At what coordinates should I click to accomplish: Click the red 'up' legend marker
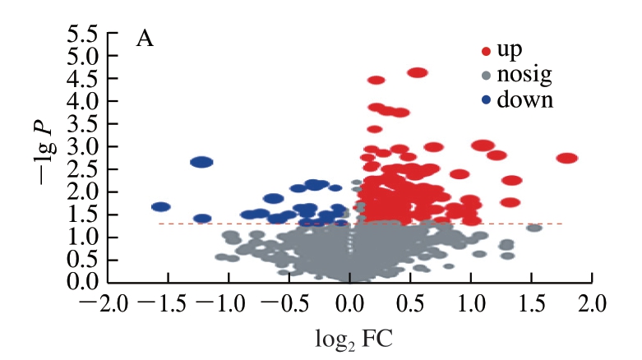pyautogui.click(x=486, y=51)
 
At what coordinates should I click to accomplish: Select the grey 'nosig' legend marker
pyautogui.click(x=486, y=76)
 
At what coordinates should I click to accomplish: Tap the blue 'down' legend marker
pyautogui.click(x=486, y=101)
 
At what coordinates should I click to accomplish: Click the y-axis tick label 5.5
pyautogui.click(x=84, y=34)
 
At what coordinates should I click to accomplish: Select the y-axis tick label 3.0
pyautogui.click(x=84, y=146)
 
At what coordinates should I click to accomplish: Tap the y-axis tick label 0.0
pyautogui.click(x=84, y=282)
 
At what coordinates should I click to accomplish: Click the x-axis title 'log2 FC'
pyautogui.click(x=351, y=339)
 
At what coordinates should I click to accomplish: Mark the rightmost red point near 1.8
pyautogui.click(x=567, y=158)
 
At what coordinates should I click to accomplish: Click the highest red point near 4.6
pyautogui.click(x=418, y=72)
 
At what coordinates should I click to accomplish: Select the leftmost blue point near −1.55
pyautogui.click(x=161, y=207)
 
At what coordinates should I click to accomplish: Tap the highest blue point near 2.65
pyautogui.click(x=202, y=163)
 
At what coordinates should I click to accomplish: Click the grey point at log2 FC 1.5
pyautogui.click(x=534, y=228)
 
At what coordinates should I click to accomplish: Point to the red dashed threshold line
pyautogui.click(x=247, y=224)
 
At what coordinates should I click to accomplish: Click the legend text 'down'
pyautogui.click(x=525, y=101)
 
